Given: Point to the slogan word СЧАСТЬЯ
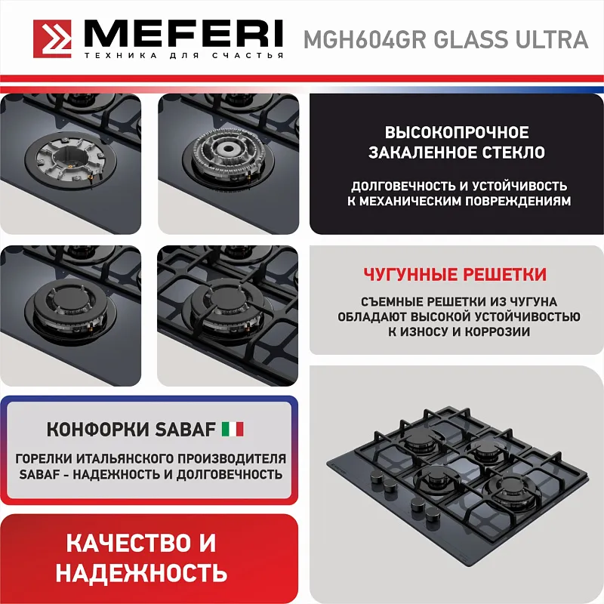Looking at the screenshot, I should click(254, 57).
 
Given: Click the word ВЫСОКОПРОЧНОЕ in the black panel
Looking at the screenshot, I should click(457, 132).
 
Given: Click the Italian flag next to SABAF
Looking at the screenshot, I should click(233, 430).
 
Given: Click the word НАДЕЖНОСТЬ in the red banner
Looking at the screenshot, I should click(141, 572).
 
